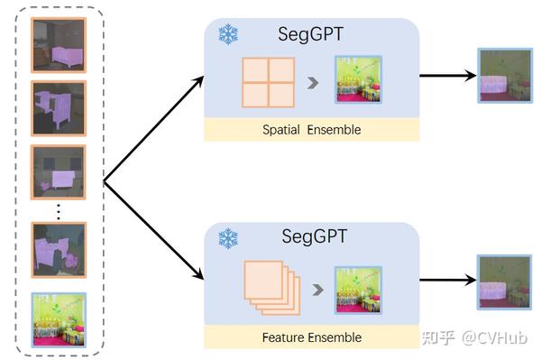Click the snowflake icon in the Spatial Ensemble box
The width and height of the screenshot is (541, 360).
click(x=227, y=35)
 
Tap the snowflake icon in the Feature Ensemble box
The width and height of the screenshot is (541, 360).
click(x=227, y=239)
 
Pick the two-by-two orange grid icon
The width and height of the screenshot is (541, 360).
click(x=268, y=84)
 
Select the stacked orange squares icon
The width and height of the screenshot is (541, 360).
click(x=269, y=290)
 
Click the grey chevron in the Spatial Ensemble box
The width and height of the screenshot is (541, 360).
click(x=313, y=84)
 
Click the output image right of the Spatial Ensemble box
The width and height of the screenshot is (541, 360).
click(x=502, y=77)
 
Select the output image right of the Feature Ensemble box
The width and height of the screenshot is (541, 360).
click(x=502, y=282)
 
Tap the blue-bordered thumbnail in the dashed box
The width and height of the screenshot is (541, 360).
click(x=59, y=318)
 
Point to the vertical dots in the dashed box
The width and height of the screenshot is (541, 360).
click(x=59, y=210)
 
